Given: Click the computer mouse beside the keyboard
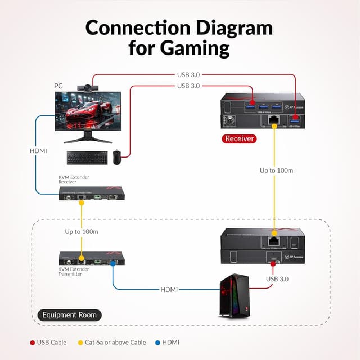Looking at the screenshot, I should click(116, 158).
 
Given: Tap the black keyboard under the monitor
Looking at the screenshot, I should click(88, 158).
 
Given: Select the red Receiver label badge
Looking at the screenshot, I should click(239, 138).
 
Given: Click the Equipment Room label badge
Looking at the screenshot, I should click(70, 315).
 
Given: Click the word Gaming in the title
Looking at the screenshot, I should click(179, 47).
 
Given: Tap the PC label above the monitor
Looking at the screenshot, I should click(58, 86).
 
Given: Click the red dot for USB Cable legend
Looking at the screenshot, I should click(32, 342).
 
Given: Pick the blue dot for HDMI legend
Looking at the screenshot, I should click(157, 342).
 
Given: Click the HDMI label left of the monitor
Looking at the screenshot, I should click(39, 151).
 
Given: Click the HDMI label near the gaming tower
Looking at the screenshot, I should click(169, 290).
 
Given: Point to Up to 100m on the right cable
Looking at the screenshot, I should click(276, 170).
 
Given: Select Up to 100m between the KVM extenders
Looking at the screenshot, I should click(82, 232).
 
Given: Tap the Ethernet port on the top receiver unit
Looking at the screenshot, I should click(273, 119).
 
